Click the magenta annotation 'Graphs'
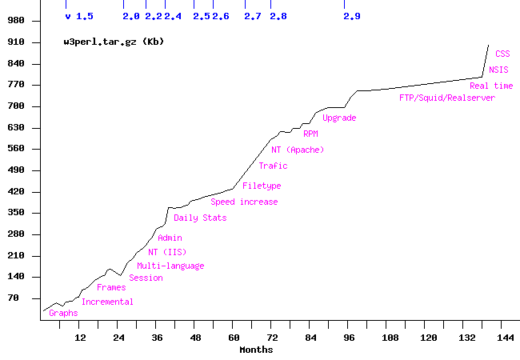63,313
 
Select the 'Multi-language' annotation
170,266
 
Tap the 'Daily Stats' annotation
200,218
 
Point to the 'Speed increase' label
244,202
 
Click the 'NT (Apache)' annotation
298,150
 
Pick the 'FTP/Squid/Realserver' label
447,98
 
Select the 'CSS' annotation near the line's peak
502,54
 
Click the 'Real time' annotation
491,86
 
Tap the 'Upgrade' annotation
339,118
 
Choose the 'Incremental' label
107,302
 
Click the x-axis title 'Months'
256,349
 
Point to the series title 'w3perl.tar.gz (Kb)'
114,41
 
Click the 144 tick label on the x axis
505,338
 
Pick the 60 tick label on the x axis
233,338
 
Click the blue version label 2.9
351,16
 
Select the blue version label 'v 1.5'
79,16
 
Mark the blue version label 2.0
131,16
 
